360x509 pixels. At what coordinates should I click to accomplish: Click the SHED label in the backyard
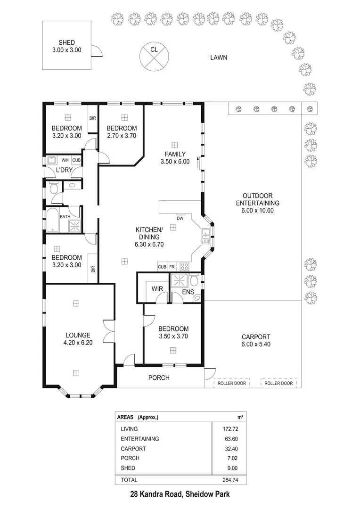(66, 42)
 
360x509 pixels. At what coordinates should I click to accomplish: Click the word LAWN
(219, 58)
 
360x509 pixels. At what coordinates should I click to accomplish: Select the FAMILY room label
(175, 154)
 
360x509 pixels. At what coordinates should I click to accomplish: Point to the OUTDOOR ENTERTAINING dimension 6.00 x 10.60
(258, 211)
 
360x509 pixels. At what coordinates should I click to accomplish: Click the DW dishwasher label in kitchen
(180, 219)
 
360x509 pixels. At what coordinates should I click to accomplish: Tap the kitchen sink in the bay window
(206, 235)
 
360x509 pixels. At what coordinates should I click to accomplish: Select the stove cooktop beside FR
(184, 267)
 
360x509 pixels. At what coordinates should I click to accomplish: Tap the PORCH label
(159, 378)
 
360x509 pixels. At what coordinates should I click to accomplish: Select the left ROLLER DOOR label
(231, 383)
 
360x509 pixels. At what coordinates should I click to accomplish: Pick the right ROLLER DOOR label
(278, 383)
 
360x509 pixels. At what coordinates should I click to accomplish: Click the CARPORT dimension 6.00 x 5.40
(255, 345)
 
